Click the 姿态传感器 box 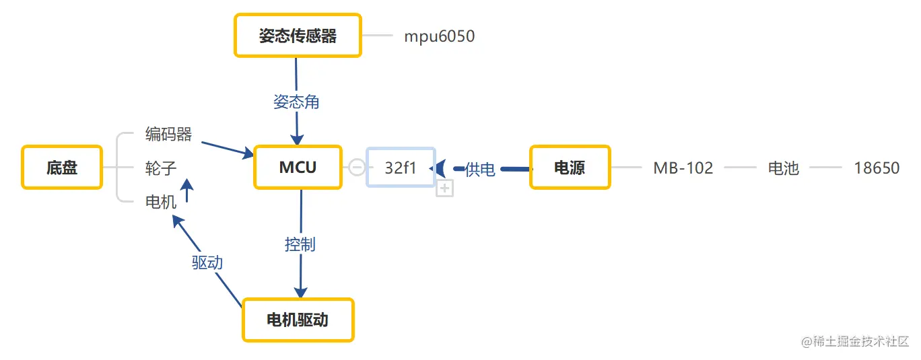[x=298, y=36]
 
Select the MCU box [x=298, y=168]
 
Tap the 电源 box [x=570, y=168]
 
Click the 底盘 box [x=62, y=168]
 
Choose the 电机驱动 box [x=298, y=320]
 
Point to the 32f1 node [x=401, y=168]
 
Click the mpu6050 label [x=439, y=36]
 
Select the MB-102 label [x=683, y=168]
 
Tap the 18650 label [x=877, y=168]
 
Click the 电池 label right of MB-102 [x=783, y=168]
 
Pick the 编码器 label [x=168, y=135]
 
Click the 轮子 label [x=161, y=168]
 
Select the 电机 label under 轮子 [x=161, y=201]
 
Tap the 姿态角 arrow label [x=296, y=102]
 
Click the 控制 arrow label [x=300, y=244]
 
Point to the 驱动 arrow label [x=207, y=262]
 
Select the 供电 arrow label [x=480, y=170]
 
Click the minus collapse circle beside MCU [x=357, y=167]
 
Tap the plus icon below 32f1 [x=444, y=189]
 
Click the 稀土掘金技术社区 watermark [x=855, y=341]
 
